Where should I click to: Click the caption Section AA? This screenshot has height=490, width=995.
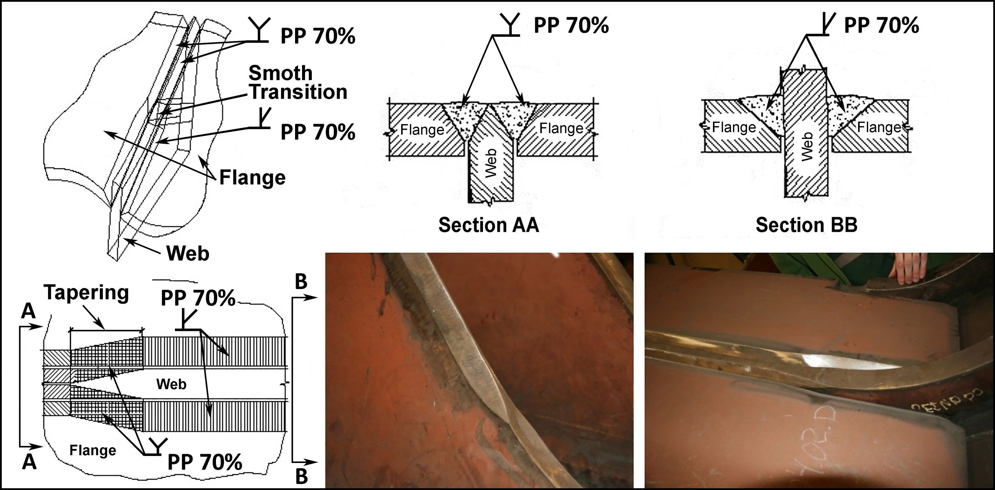click(x=489, y=225)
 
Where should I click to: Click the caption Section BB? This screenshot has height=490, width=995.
click(x=806, y=225)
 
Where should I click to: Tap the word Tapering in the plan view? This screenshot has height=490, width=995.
click(x=86, y=293)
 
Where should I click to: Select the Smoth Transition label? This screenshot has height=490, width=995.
click(x=297, y=82)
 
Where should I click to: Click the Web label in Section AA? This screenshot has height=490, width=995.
click(x=491, y=163)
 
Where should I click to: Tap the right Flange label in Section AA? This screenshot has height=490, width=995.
click(x=561, y=128)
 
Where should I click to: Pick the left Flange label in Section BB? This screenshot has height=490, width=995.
click(x=734, y=127)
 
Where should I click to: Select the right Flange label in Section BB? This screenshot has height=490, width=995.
click(x=879, y=127)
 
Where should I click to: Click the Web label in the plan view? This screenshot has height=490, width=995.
click(x=171, y=384)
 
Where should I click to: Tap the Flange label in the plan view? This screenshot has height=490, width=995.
click(x=93, y=450)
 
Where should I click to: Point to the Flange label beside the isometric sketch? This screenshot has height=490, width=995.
click(x=252, y=178)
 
